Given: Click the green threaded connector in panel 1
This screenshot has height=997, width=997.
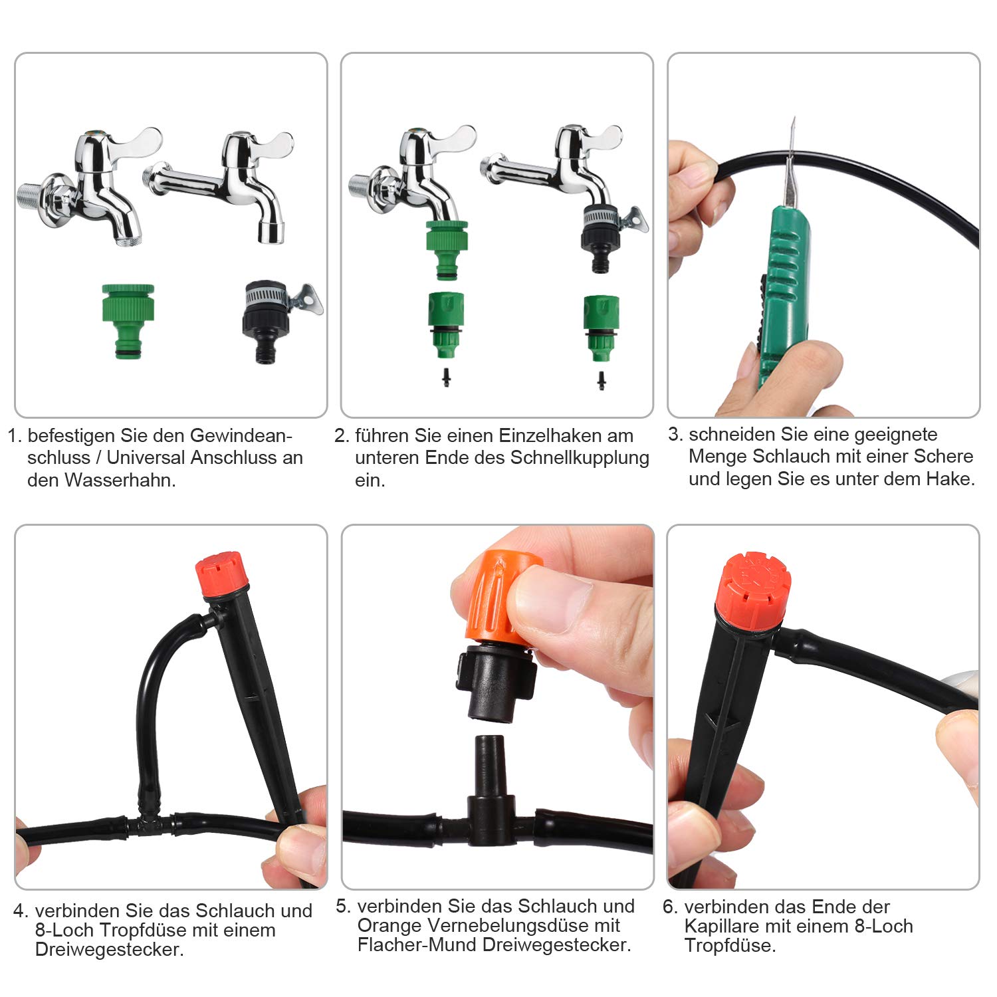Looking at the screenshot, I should pos(128,320).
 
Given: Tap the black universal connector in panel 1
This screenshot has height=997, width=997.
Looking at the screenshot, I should pos(266,322).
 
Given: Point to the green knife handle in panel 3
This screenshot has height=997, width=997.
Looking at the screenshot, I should pos(784,292).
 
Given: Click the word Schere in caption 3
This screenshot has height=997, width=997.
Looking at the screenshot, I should pos(943,457).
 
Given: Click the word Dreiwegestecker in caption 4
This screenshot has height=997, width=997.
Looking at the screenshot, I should pos(108,949).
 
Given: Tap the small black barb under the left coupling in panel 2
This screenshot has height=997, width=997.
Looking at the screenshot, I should pos(446,378).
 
